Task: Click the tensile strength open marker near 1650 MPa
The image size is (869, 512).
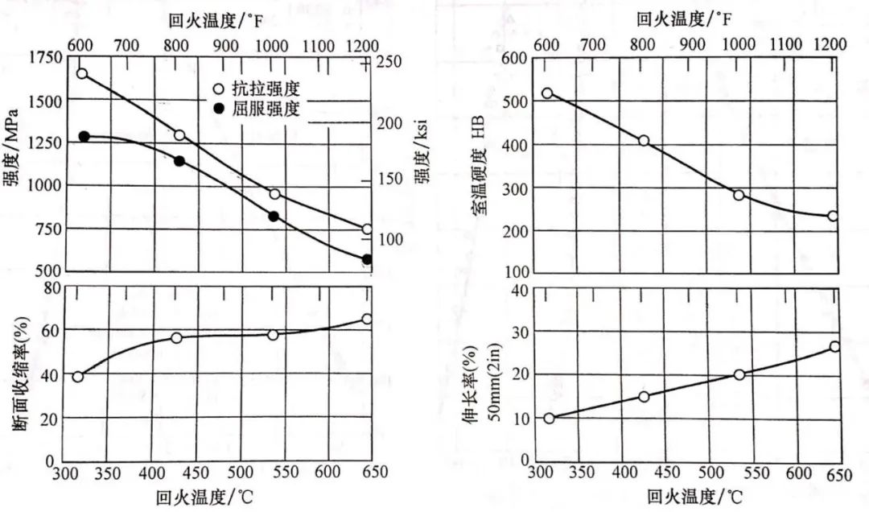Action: pyautogui.click(x=82, y=74)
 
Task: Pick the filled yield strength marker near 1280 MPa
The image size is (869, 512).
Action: pyautogui.click(x=84, y=137)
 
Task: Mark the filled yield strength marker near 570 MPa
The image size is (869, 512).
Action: pyautogui.click(x=367, y=259)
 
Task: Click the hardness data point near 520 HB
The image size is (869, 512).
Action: pyautogui.click(x=547, y=93)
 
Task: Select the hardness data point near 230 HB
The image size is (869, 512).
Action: pyautogui.click(x=833, y=216)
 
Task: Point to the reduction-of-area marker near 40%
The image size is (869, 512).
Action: pyautogui.click(x=78, y=377)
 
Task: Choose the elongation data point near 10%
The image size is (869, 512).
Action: pyautogui.click(x=549, y=418)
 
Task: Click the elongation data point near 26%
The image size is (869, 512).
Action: pyautogui.click(x=834, y=346)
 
